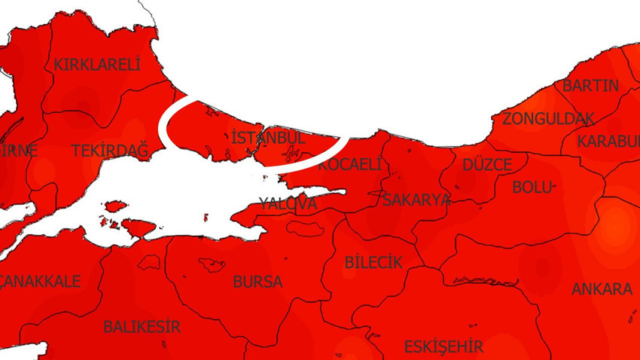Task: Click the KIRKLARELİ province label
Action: click(x=97, y=65)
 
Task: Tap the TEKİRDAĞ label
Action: click(x=110, y=151)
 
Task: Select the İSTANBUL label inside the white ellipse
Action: click(x=268, y=139)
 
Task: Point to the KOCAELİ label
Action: click(x=349, y=164)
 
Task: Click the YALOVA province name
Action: click(x=288, y=203)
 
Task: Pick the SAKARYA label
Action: click(x=416, y=200)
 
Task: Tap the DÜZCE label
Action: click(x=487, y=165)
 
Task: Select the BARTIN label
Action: click(x=590, y=85)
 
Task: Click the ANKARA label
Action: click(x=602, y=289)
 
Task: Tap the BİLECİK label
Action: click(x=373, y=262)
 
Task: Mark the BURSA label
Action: click(x=258, y=282)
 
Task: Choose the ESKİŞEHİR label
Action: click(x=443, y=346)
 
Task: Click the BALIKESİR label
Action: click(x=142, y=327)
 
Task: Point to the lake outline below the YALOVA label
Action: click(x=304, y=226)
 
